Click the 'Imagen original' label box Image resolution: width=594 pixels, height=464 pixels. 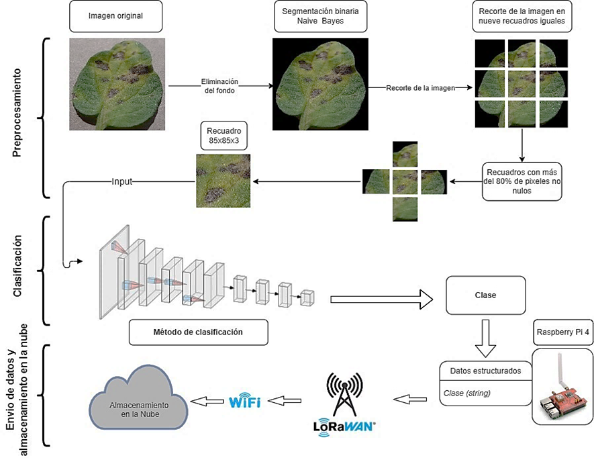(x=115, y=16)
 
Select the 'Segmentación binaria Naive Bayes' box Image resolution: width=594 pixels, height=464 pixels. (x=319, y=17)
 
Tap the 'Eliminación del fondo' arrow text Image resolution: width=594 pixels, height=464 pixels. (x=219, y=85)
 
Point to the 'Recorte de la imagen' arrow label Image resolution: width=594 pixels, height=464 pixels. (x=421, y=88)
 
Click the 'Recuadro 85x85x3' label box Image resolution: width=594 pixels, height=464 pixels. (x=223, y=136)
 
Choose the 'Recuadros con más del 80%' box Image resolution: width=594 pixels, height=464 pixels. (x=522, y=181)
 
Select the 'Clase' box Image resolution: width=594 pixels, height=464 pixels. (x=485, y=295)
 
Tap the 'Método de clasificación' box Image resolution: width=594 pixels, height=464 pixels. (x=197, y=332)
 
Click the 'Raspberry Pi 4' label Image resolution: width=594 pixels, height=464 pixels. (x=562, y=332)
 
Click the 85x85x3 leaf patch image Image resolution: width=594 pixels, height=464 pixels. (x=223, y=181)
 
